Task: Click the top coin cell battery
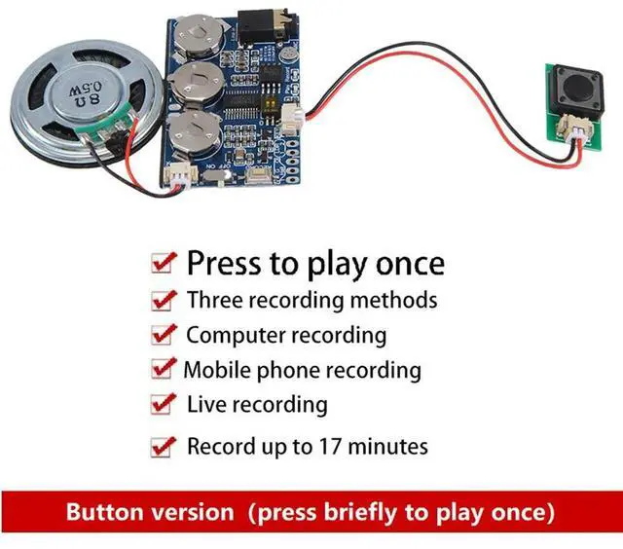pyautogui.click(x=202, y=39)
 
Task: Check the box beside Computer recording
pyautogui.click(x=161, y=336)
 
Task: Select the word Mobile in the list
pyautogui.click(x=214, y=370)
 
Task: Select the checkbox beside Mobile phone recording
pyautogui.click(x=161, y=370)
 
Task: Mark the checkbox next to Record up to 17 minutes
pyautogui.click(x=161, y=448)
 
